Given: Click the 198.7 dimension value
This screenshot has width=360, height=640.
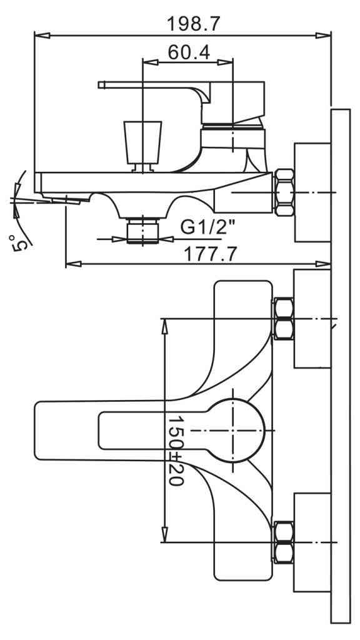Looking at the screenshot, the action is (x=194, y=24).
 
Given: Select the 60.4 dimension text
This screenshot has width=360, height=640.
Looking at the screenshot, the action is (x=189, y=52).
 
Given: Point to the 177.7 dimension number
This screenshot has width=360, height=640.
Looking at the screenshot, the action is (x=210, y=254).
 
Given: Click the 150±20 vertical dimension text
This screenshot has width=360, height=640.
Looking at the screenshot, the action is (x=176, y=451).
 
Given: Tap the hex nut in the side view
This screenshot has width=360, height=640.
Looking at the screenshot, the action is (x=284, y=192).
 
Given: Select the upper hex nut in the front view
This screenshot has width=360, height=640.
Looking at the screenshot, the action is (x=283, y=318).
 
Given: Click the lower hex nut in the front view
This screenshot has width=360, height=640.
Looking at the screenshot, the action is (x=283, y=542).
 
